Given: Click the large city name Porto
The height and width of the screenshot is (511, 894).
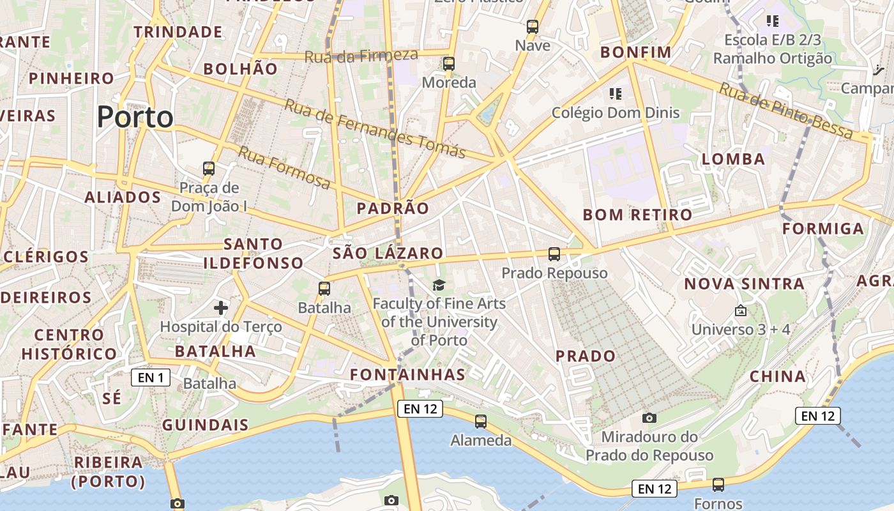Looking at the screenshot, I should [135, 117].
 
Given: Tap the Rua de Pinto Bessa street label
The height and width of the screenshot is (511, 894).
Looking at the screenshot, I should [786, 111].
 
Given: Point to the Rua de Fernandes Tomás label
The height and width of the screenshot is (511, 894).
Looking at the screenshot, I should [375, 128].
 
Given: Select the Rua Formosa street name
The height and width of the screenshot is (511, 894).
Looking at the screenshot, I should [285, 167].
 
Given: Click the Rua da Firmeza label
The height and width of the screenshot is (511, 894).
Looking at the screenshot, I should [361, 56].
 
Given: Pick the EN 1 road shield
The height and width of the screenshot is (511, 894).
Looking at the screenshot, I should [151, 378].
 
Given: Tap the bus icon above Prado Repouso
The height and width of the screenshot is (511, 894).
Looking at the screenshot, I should [554, 254].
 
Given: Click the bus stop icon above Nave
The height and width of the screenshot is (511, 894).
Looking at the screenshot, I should [533, 27].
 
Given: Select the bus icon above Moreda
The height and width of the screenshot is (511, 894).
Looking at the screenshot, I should [449, 64].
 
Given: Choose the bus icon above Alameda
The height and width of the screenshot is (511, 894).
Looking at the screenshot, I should [481, 422].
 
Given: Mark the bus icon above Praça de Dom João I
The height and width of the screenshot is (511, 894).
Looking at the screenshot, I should [209, 169].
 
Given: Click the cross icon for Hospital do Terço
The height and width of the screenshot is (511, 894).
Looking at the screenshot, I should [221, 308].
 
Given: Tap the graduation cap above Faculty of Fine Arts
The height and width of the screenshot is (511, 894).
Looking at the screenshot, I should [439, 285].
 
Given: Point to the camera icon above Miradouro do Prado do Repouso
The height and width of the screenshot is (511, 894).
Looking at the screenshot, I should [649, 418].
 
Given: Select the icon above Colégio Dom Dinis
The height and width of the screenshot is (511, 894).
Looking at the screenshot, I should [616, 94].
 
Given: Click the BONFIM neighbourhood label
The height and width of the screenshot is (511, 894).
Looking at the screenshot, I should [636, 52].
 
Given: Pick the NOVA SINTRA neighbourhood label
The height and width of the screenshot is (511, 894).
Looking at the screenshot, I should [745, 284].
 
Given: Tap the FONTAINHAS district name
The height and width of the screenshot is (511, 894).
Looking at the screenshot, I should [408, 374].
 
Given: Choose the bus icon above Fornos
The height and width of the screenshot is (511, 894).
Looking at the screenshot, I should [718, 485].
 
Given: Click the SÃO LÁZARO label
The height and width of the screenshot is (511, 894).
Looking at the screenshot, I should [388, 253].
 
